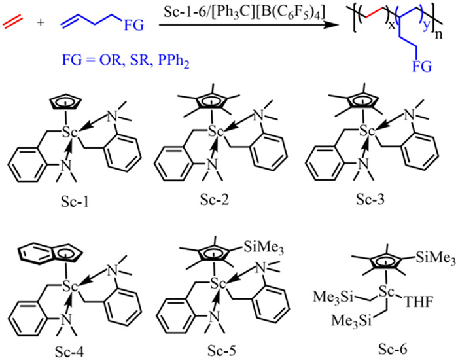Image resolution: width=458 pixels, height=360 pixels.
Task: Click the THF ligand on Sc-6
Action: [414, 297]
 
